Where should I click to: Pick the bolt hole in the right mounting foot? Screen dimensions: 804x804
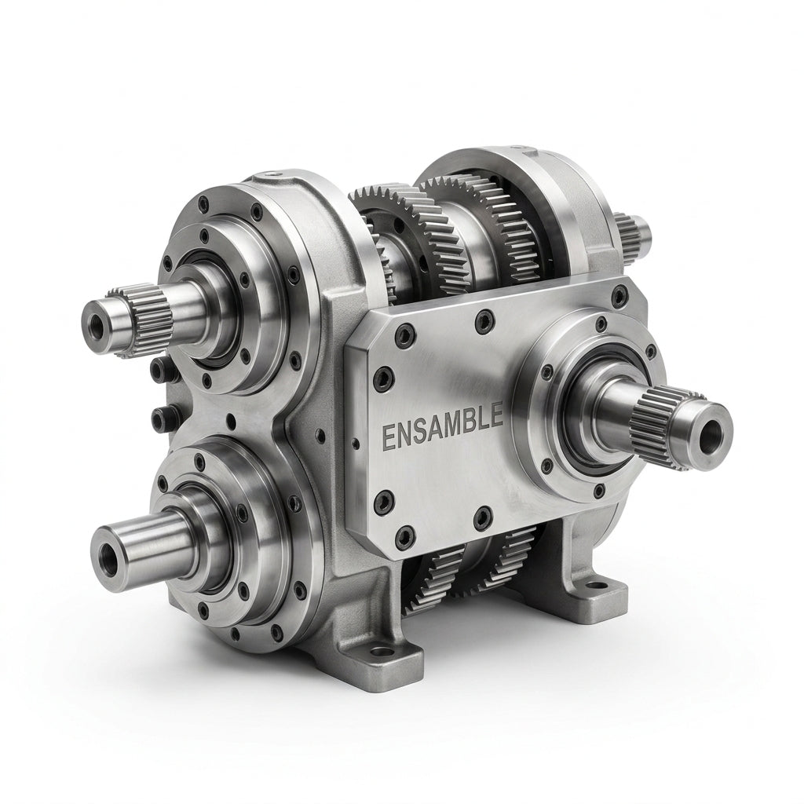596,585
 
